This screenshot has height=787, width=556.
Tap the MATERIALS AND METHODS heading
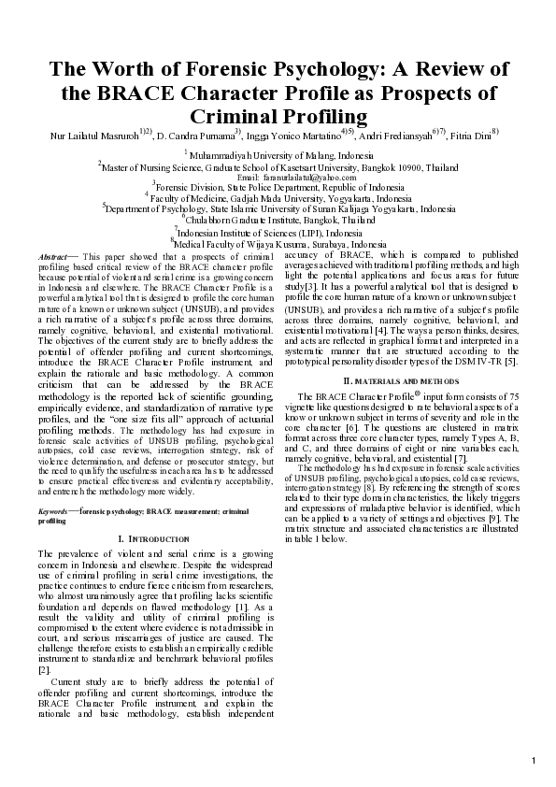(392, 381)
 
